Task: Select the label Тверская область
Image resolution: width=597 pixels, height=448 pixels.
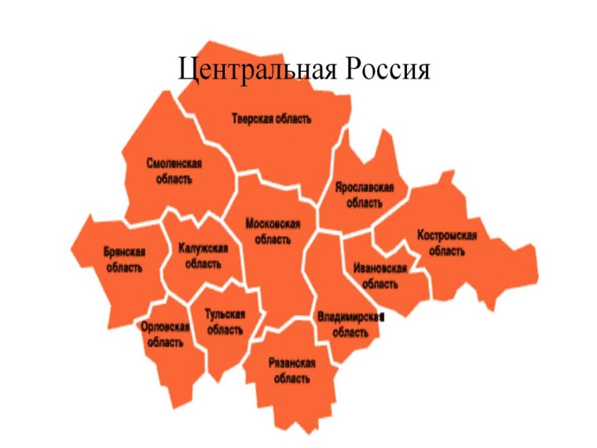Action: (271, 119)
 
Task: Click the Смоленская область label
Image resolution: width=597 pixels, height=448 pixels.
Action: (174, 171)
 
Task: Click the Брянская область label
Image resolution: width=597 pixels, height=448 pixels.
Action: (124, 259)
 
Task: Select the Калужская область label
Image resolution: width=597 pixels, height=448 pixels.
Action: (203, 256)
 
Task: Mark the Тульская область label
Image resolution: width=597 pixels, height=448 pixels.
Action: (225, 321)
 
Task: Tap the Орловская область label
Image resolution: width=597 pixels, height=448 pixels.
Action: (165, 335)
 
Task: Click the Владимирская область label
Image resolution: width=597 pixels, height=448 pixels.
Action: (350, 324)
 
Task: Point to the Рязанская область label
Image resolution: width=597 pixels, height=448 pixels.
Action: (291, 370)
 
